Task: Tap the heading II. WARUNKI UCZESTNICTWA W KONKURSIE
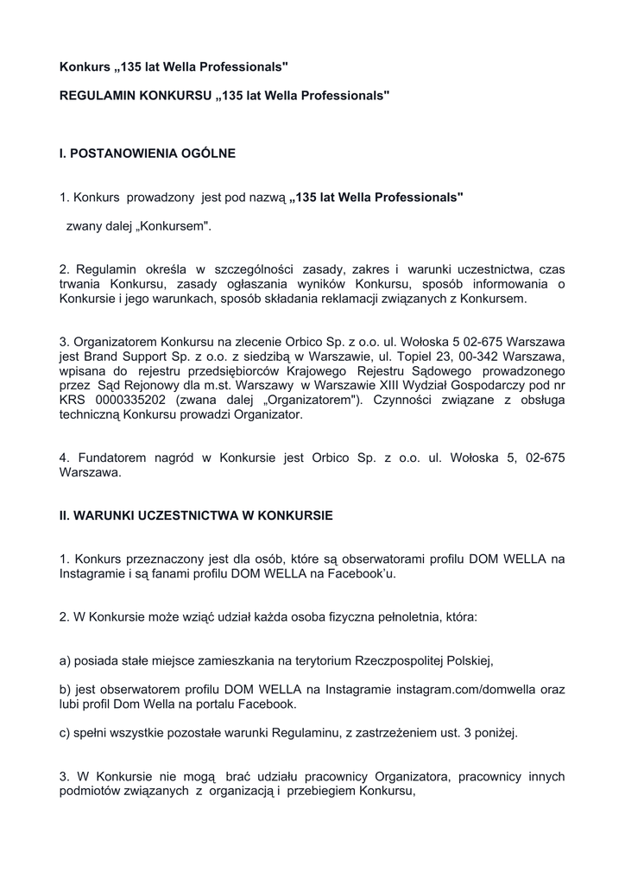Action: (x=196, y=515)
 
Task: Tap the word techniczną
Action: (x=91, y=415)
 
